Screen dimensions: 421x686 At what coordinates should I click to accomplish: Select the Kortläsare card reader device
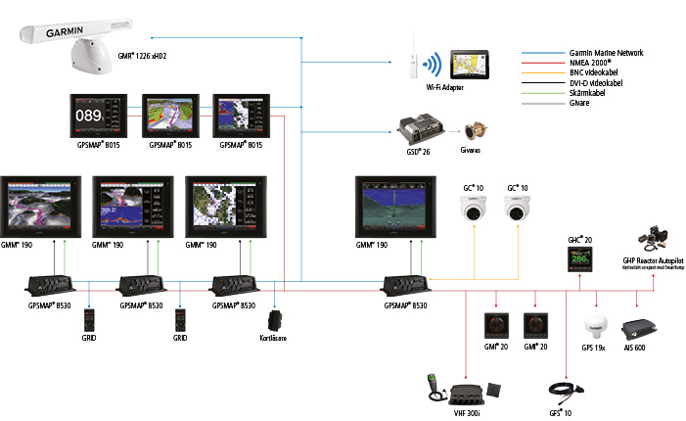[x=277, y=320]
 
